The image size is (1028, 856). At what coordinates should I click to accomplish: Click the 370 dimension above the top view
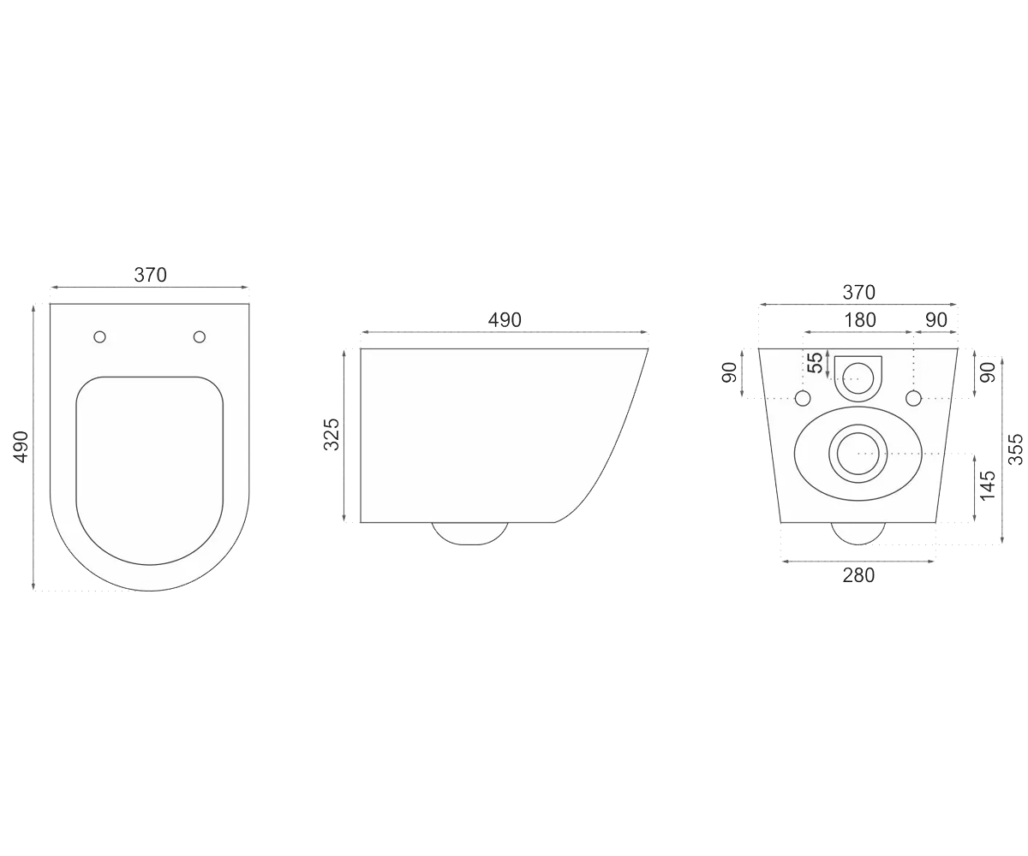pos(150,275)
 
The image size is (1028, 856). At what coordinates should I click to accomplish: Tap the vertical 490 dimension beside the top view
pos(21,447)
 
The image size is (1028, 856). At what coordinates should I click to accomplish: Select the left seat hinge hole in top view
pos(99,337)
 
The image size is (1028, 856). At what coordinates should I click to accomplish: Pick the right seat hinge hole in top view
pos(200,337)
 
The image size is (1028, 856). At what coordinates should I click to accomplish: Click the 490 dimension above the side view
pos(505,320)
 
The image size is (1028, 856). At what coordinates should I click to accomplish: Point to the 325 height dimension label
pos(332,434)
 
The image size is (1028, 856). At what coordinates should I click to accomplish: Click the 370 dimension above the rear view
pos(859,293)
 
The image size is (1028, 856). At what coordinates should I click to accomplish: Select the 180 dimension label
pos(860,320)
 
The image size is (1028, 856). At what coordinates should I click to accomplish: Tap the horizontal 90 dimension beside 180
pos(936,320)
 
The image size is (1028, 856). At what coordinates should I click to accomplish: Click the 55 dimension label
pos(816,363)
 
